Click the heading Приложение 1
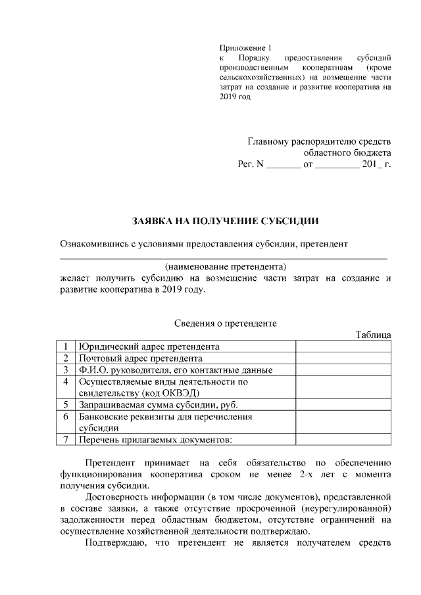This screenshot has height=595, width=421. click(x=244, y=48)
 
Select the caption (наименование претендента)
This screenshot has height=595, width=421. click(x=226, y=267)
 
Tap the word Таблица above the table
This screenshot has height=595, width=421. click(x=373, y=335)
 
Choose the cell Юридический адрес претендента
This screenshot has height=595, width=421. click(x=149, y=346)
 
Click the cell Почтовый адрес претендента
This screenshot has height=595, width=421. click(x=140, y=358)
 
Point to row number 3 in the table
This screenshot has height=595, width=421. click(x=66, y=370)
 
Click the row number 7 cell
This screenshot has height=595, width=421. click(x=66, y=439)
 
